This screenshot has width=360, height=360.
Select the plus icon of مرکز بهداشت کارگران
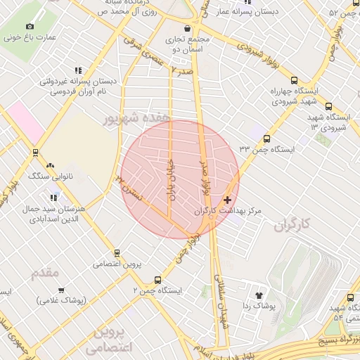(227, 200)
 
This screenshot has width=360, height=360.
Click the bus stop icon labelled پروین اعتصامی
(117, 253)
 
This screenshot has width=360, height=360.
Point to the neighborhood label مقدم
(47, 273)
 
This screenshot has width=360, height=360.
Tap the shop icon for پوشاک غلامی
(61, 290)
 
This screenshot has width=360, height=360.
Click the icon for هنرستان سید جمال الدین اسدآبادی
(54, 198)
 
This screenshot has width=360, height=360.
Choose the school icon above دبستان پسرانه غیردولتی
(77, 70)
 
